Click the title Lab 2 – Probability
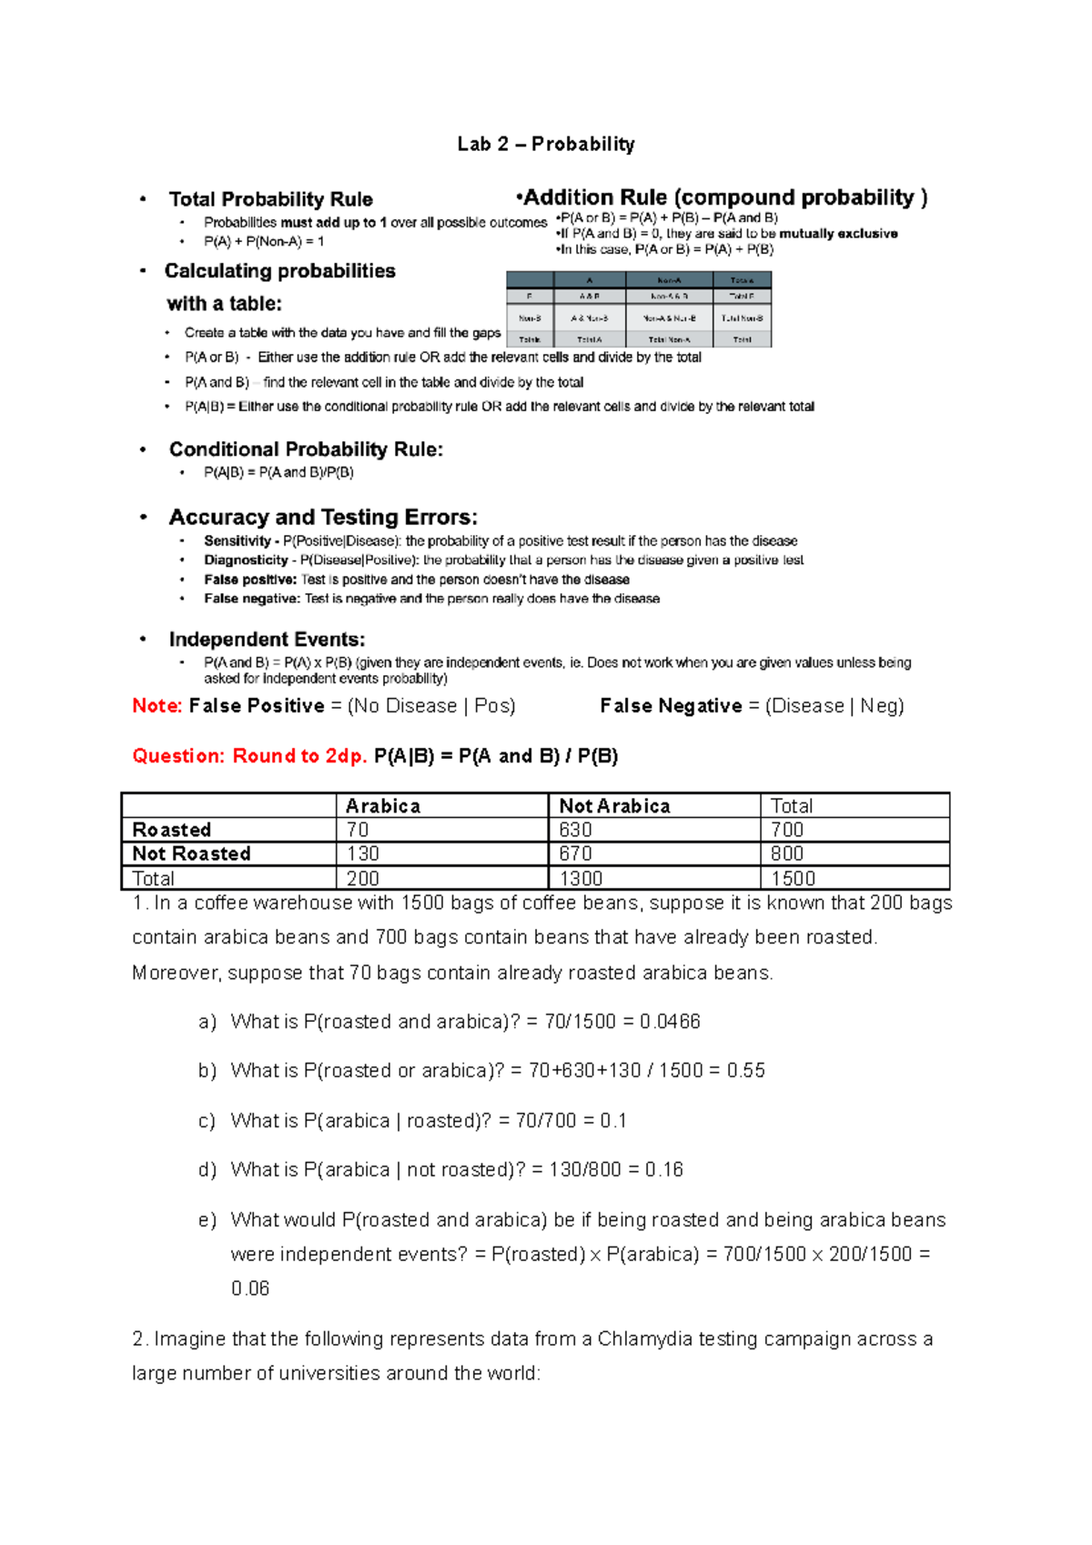pyautogui.click(x=545, y=144)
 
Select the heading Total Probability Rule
pyautogui.click(x=270, y=199)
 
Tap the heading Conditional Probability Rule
pyautogui.click(x=306, y=449)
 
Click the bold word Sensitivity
pyautogui.click(x=237, y=540)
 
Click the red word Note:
pyautogui.click(x=157, y=706)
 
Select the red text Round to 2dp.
pyautogui.click(x=299, y=756)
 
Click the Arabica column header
pyautogui.click(x=382, y=806)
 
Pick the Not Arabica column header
pyautogui.click(x=614, y=806)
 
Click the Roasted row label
pyautogui.click(x=172, y=830)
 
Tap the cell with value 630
pyautogui.click(x=575, y=830)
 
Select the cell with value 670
pyautogui.click(x=575, y=853)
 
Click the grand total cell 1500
pyautogui.click(x=793, y=879)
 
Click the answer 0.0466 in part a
pyautogui.click(x=670, y=1022)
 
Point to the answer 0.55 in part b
pyautogui.click(x=745, y=1071)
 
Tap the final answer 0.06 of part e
pyautogui.click(x=250, y=1289)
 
